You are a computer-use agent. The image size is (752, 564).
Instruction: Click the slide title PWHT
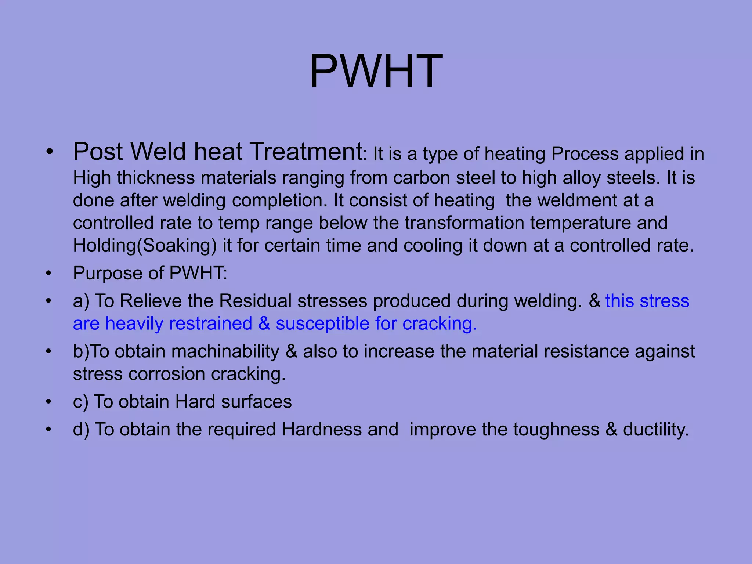376,71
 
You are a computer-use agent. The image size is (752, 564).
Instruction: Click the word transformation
464,223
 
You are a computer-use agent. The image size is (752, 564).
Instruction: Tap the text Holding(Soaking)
145,246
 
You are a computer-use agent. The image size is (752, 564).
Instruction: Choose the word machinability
225,351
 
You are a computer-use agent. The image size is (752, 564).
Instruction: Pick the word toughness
556,429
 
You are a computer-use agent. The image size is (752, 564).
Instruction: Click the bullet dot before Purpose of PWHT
48,274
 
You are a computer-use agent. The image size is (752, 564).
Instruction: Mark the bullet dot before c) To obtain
48,402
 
